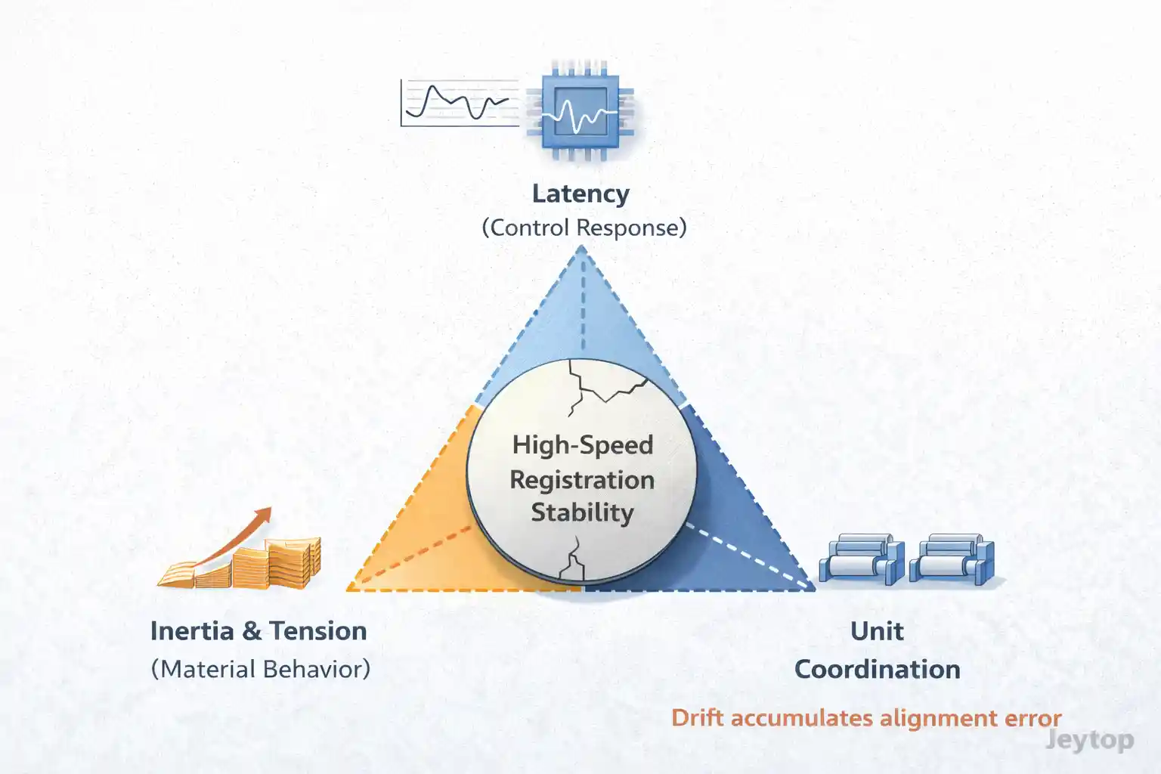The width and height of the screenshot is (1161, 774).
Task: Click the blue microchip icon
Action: coord(580,110)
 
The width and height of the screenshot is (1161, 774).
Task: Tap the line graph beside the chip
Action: coord(460,103)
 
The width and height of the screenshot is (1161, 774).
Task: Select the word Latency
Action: coord(580,193)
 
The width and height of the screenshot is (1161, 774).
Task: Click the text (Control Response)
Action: coord(584,228)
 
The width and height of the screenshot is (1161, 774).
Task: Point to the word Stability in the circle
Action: coord(582,512)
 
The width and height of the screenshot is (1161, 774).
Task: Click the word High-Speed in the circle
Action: coord(582,444)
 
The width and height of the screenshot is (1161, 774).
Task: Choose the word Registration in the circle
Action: coord(582,479)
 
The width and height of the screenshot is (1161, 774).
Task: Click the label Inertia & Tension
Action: coord(259,631)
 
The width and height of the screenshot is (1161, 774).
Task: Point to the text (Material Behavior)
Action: coord(261,669)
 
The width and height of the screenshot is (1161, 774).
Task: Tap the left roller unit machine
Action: coord(862,559)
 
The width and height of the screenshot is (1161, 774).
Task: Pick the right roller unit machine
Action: coord(952,559)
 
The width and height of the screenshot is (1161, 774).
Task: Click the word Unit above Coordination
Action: coord(877,631)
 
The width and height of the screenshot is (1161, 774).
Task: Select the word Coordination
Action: coord(877,670)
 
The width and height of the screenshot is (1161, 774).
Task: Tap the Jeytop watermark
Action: coord(1089,740)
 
